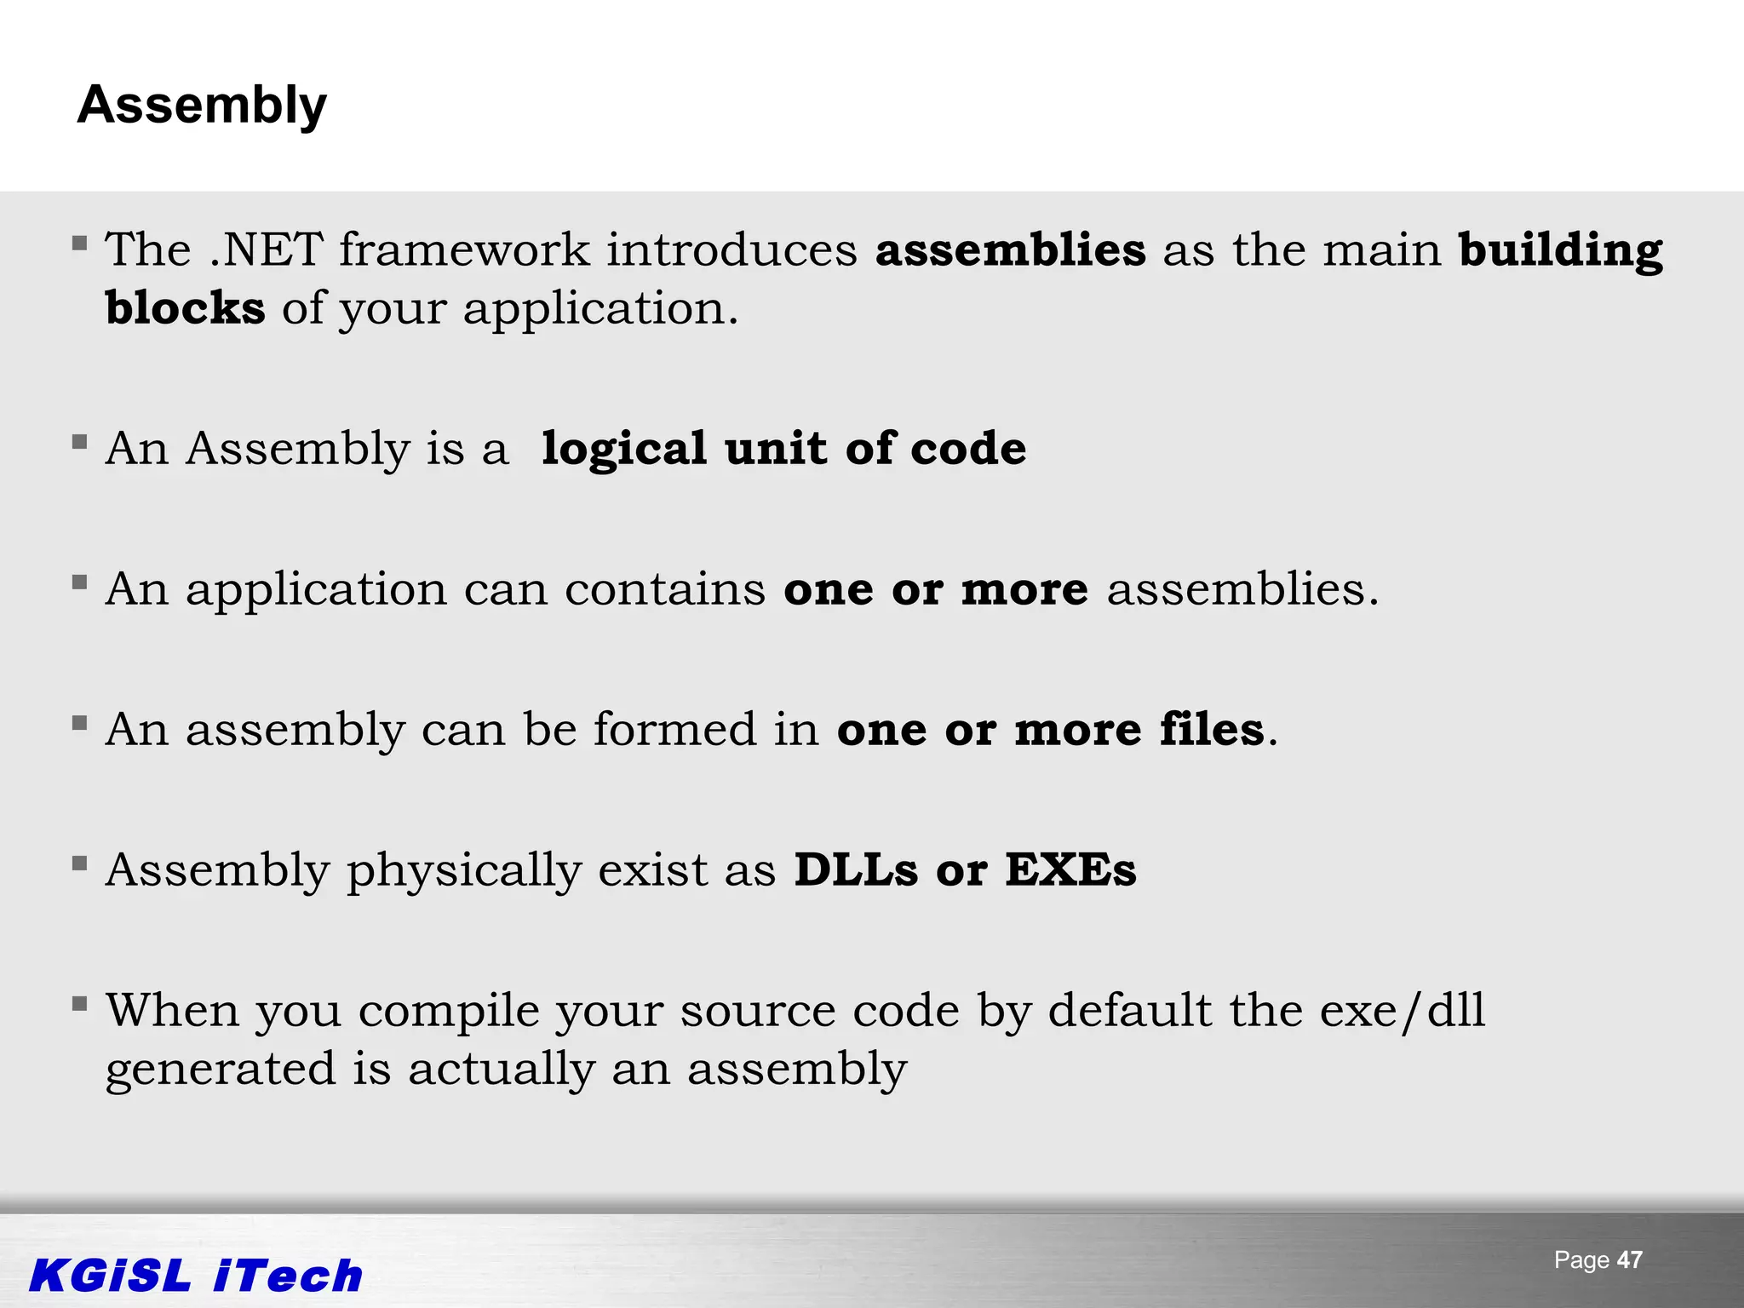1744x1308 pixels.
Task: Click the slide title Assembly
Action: (x=202, y=106)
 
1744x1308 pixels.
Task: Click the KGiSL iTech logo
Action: (x=196, y=1276)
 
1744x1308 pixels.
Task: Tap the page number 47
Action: (x=1629, y=1259)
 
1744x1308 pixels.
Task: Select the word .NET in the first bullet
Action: (x=266, y=250)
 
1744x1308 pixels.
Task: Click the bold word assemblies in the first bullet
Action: (x=1010, y=250)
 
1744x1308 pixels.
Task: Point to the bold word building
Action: (x=1560, y=251)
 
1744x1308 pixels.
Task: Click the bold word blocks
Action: (x=185, y=307)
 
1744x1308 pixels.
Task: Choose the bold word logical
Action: (x=624, y=449)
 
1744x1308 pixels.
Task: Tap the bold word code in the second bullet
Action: (x=968, y=448)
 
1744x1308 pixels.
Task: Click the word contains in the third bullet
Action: (x=665, y=588)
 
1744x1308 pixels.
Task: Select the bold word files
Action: (x=1212, y=729)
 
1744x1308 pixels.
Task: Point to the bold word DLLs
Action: (x=856, y=869)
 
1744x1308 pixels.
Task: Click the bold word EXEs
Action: (x=1070, y=869)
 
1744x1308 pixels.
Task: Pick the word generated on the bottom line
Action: (x=221, y=1070)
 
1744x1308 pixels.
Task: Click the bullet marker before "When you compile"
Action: (x=80, y=1004)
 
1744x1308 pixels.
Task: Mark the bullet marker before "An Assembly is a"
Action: (x=80, y=441)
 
